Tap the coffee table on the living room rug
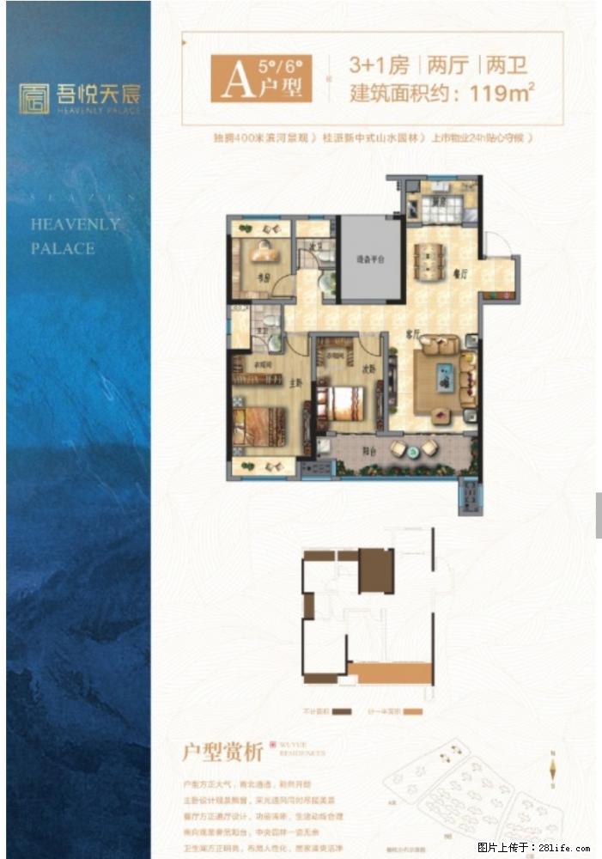pyautogui.click(x=444, y=378)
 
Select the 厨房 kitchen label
pyautogui.click(x=438, y=204)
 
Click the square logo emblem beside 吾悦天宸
pyautogui.click(x=34, y=98)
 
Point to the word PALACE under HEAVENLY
pyautogui.click(x=63, y=248)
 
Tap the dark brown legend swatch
pyautogui.click(x=342, y=712)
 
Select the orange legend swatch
pyautogui.click(x=414, y=712)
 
